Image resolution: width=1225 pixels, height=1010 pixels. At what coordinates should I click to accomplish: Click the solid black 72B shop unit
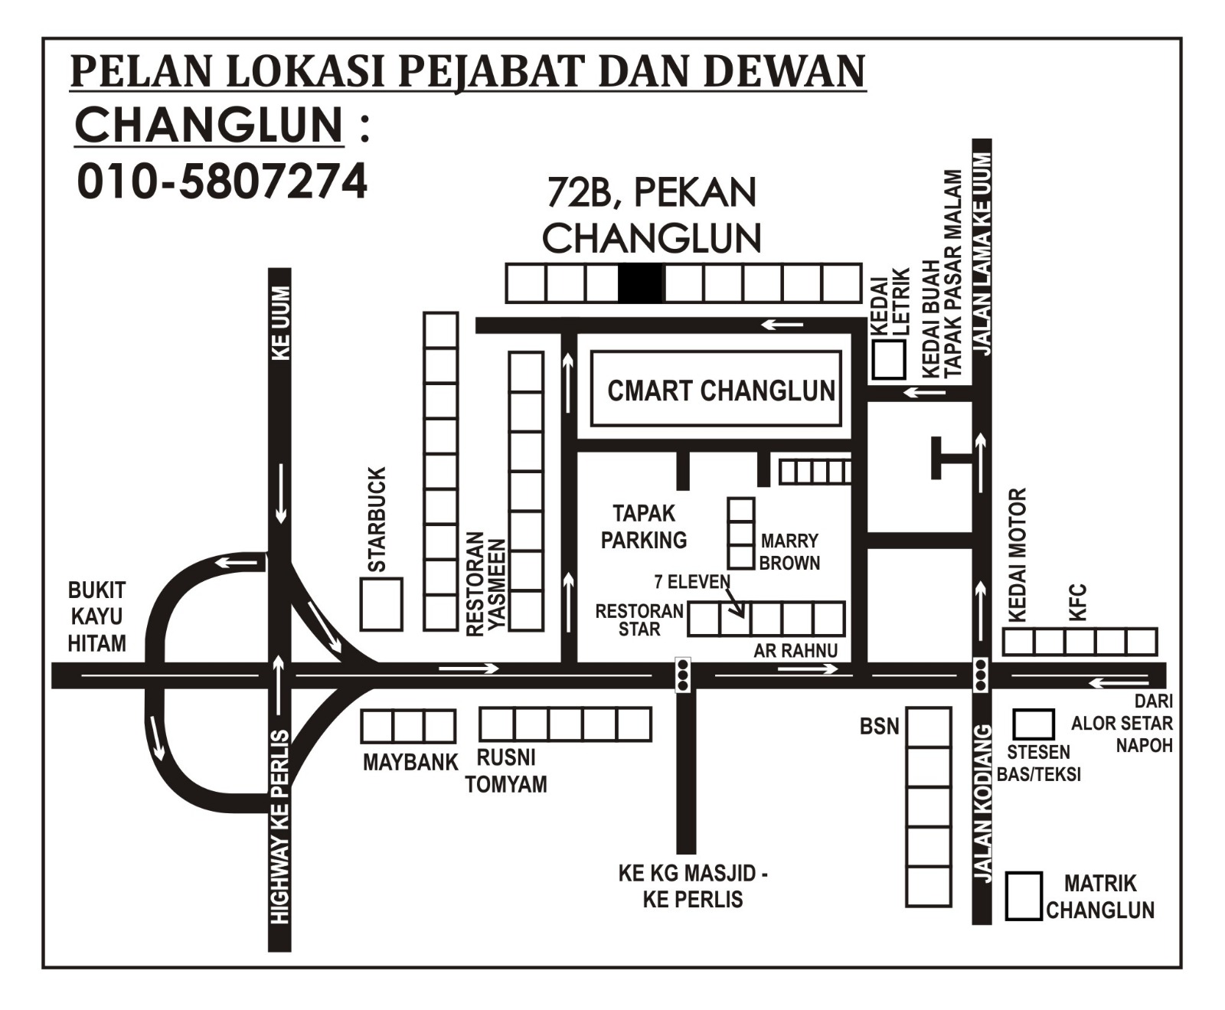pyautogui.click(x=641, y=283)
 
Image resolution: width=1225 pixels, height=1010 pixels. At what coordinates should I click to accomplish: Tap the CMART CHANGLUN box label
pyautogui.click(x=720, y=391)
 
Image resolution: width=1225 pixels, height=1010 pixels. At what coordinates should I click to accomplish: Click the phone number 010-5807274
pyautogui.click(x=222, y=182)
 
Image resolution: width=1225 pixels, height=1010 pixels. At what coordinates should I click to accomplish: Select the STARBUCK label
pyautogui.click(x=377, y=520)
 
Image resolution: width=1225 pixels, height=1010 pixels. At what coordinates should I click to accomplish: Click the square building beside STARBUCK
pyautogui.click(x=381, y=604)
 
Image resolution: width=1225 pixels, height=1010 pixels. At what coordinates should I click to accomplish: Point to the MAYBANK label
pyautogui.click(x=410, y=763)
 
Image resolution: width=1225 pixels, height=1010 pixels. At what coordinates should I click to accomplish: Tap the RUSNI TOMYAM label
pyautogui.click(x=506, y=771)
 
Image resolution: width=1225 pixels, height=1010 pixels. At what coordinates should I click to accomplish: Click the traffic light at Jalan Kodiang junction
pyautogui.click(x=980, y=675)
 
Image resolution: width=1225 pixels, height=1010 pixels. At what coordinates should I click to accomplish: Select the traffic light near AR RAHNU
pyautogui.click(x=683, y=675)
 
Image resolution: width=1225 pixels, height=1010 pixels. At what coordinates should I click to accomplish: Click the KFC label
pyautogui.click(x=1077, y=603)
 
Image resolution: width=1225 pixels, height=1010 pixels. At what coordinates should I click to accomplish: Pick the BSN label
pyautogui.click(x=879, y=726)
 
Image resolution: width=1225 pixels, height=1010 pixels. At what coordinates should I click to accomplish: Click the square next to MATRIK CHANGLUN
pyautogui.click(x=1024, y=896)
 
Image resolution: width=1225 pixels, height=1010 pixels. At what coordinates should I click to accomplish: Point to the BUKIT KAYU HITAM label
pyautogui.click(x=96, y=617)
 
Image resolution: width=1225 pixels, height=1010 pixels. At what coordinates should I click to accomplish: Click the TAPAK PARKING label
pyautogui.click(x=643, y=527)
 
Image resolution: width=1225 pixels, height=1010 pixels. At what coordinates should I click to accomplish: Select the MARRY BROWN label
pyautogui.click(x=789, y=552)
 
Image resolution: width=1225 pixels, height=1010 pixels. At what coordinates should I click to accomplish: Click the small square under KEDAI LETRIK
pyautogui.click(x=889, y=359)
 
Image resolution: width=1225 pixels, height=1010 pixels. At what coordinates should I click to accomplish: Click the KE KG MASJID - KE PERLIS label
pyautogui.click(x=693, y=886)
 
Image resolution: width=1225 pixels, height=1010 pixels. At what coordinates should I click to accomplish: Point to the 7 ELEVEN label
pyautogui.click(x=692, y=582)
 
